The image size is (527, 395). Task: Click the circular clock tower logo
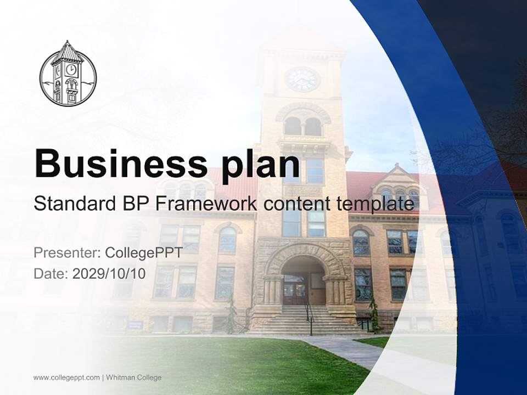pos(68,73)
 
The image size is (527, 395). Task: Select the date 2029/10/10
pos(109,274)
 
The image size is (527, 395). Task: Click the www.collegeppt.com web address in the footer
pos(66,377)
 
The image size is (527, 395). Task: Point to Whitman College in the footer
pos(133,377)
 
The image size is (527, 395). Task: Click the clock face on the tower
pos(302,80)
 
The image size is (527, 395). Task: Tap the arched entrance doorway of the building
pos(302,283)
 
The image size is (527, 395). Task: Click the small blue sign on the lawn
pos(135,325)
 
